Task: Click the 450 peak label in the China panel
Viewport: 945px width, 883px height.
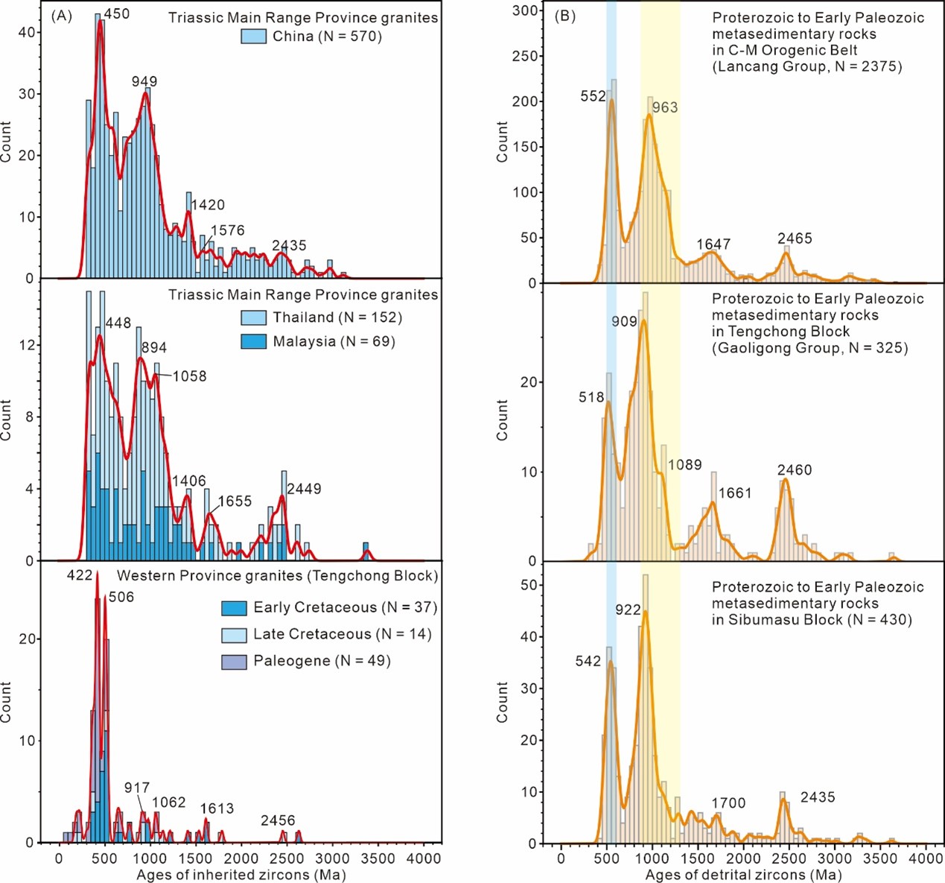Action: tap(116, 13)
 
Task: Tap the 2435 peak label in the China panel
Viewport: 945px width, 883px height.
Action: tap(289, 245)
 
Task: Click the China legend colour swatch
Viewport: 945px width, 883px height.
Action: tap(254, 37)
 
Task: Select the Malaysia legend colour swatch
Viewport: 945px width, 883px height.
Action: tap(254, 341)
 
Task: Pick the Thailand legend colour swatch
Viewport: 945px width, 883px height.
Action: tap(254, 317)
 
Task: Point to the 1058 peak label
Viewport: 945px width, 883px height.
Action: tap(190, 376)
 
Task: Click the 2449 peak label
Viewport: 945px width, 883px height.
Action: tap(304, 489)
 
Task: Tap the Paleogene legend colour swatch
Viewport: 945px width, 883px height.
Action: tap(234, 661)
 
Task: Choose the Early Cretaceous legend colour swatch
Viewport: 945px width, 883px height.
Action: tap(234, 608)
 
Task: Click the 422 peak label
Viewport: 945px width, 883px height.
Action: tap(80, 575)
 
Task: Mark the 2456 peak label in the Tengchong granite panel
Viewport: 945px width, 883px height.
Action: tap(278, 820)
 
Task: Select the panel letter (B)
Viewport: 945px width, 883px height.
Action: tap(564, 16)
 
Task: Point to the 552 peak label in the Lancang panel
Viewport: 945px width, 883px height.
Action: tap(594, 96)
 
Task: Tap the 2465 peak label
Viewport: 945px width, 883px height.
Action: tap(795, 238)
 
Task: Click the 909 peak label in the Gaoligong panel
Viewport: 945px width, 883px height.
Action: tap(624, 321)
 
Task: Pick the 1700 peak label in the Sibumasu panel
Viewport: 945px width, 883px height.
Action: tap(728, 803)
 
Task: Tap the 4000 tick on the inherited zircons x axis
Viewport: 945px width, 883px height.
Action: tap(424, 858)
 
